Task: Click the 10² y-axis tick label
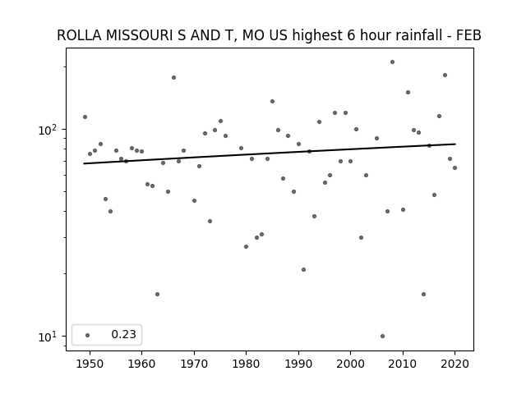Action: [x=49, y=129]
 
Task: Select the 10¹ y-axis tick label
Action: [x=49, y=336]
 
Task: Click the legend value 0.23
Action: [x=124, y=335]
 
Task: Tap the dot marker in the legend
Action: [x=88, y=335]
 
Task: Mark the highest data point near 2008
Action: [x=392, y=62]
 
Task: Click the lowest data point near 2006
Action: [x=382, y=336]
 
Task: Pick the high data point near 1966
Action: [x=173, y=77]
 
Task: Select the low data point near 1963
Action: [x=157, y=294]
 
